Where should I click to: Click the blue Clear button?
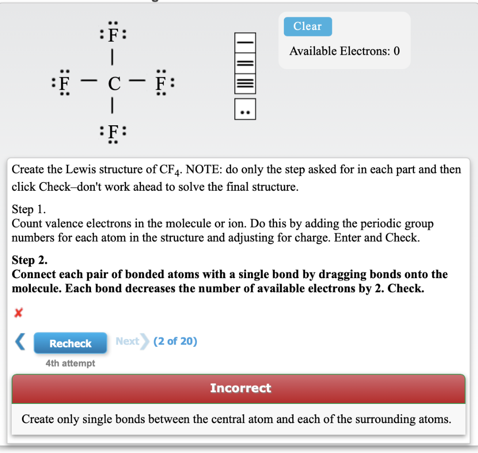coord(308,27)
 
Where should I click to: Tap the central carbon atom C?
coord(113,85)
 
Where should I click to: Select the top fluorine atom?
coord(112,36)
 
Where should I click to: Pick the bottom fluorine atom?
coord(112,132)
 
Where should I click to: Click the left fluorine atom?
coord(64,85)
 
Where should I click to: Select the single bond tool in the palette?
coord(245,43)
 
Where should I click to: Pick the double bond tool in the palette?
coord(245,63)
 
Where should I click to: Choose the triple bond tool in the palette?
coord(245,84)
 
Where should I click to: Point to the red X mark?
coord(18,313)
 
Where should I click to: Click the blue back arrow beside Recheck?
coord(21,342)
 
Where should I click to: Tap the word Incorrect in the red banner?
coord(240,388)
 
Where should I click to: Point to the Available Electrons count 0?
coord(396,51)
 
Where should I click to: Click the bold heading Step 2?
coord(29,260)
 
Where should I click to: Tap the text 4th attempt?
coord(70,363)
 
